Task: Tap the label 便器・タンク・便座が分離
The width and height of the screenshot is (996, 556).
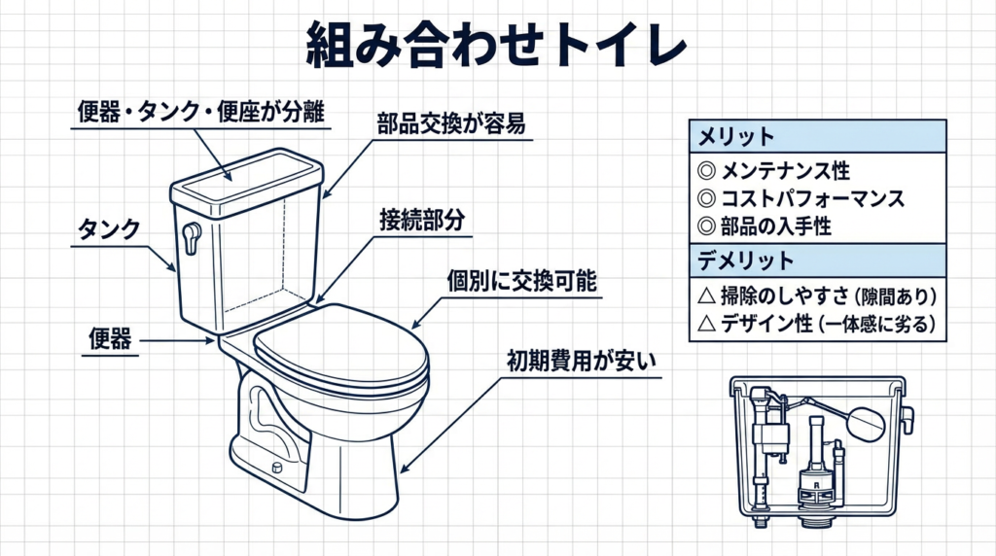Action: (202, 113)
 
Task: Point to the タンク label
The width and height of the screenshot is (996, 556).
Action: (108, 230)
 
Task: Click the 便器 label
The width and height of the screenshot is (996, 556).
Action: (108, 340)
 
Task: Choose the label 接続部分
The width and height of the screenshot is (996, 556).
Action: (420, 220)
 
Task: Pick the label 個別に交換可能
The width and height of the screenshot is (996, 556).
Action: (521, 282)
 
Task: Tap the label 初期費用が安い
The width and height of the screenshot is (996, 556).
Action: (582, 361)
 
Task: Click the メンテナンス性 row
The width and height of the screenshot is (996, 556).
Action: (785, 171)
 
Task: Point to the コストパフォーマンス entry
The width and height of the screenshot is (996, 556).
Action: (812, 198)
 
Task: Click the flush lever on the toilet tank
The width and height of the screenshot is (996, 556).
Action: (192, 236)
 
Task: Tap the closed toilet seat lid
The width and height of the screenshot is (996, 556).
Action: (341, 347)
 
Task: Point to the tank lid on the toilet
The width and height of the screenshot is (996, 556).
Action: (246, 177)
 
